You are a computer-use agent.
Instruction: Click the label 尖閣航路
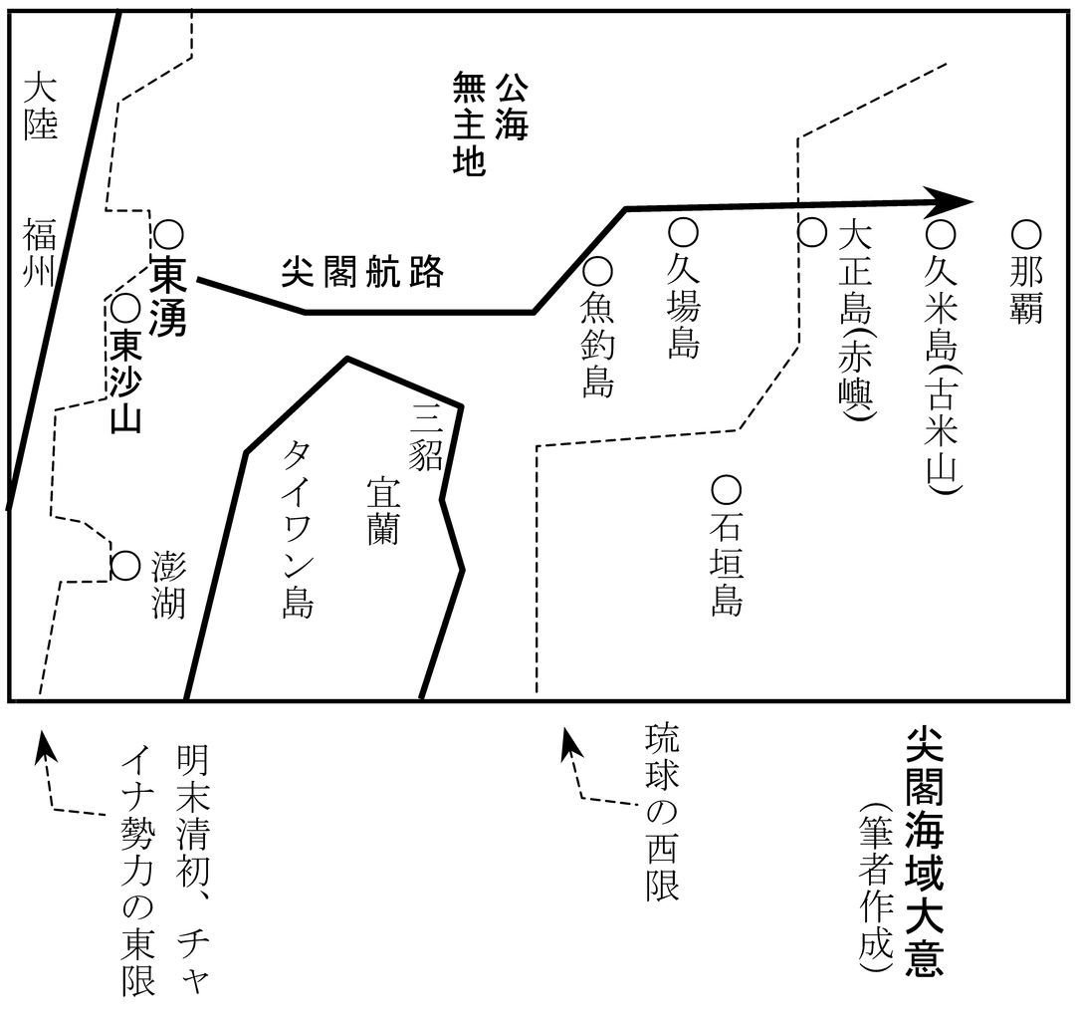pyautogui.click(x=362, y=272)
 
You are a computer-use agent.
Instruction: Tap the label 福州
pyautogui.click(x=39, y=252)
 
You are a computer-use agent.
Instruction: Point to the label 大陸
pyautogui.click(x=40, y=108)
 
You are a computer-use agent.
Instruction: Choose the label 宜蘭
pyautogui.click(x=383, y=510)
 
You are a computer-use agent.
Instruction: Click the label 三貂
pyautogui.click(x=425, y=435)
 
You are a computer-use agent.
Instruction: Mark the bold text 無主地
pyautogui.click(x=470, y=125)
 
